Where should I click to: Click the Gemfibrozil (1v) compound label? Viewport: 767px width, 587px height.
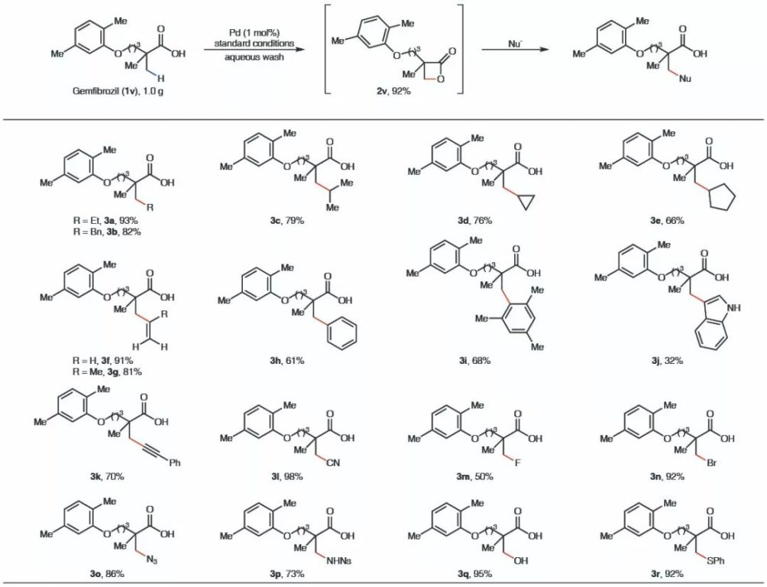coord(118,90)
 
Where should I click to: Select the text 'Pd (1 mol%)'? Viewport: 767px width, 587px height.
coord(254,34)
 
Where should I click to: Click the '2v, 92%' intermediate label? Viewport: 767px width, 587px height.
coord(393,90)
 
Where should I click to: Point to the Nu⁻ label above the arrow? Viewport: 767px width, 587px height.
coord(516,44)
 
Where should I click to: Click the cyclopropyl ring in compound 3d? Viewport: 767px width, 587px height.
coord(525,202)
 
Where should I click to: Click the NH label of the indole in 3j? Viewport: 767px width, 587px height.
coord(733,307)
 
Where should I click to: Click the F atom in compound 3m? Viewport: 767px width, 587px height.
coord(516,462)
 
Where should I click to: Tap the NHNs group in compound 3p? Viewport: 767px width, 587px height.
coord(338,560)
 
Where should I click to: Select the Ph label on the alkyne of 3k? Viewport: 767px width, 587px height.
coord(175,462)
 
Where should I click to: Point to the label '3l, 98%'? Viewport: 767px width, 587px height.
coord(286,476)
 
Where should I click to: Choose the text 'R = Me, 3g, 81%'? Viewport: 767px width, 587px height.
coord(107,372)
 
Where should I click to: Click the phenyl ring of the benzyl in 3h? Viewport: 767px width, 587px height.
coord(341,333)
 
